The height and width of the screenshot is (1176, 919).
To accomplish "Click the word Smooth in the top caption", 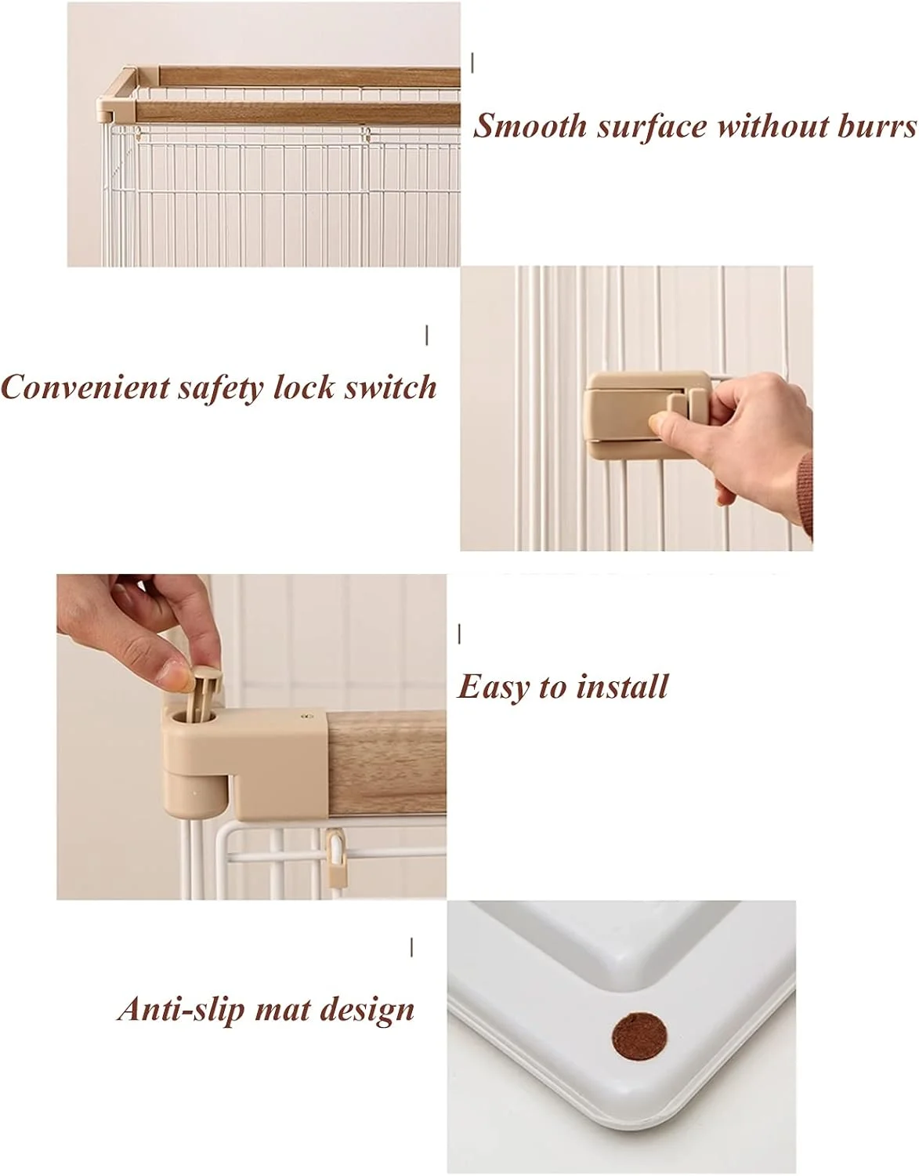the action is coord(530,126).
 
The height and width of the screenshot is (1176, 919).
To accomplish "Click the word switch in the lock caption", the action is coord(390,387).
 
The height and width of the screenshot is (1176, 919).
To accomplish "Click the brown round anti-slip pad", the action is coord(639,1037).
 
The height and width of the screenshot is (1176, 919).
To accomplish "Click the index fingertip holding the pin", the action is coord(173,676).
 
